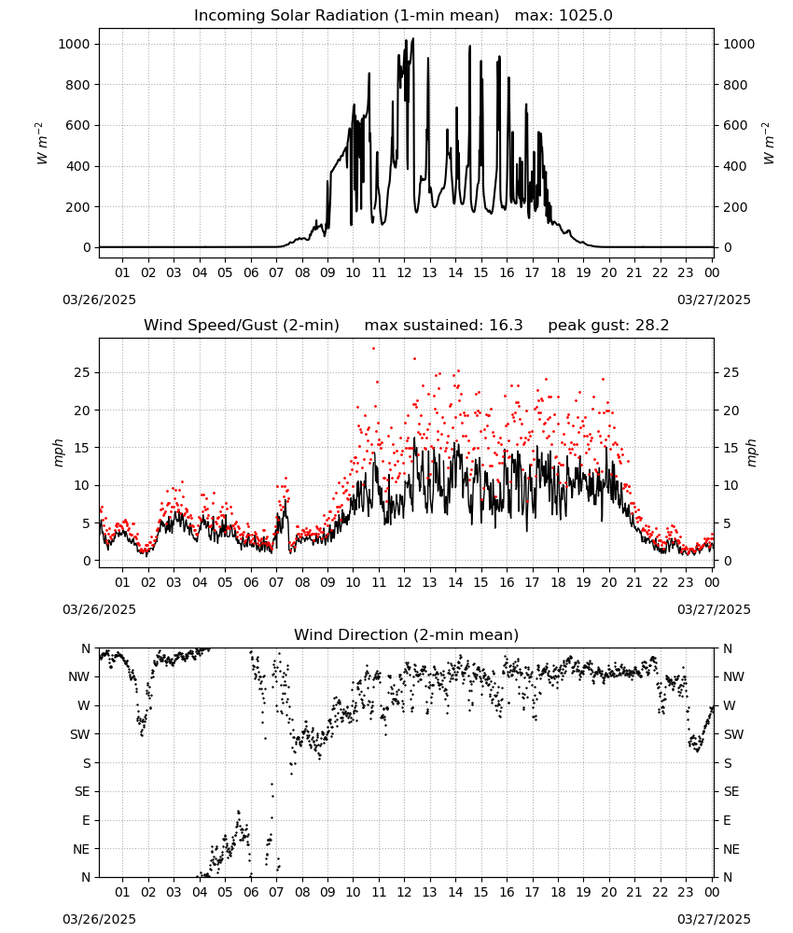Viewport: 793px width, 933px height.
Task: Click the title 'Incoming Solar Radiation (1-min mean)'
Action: [346, 16]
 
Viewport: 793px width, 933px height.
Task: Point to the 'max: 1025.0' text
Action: [563, 16]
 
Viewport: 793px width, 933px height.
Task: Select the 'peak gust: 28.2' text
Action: [608, 326]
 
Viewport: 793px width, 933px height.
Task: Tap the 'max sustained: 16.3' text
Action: [444, 326]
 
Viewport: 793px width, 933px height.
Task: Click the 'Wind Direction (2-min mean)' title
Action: [407, 634]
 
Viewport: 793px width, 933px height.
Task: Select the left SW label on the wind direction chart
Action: [80, 735]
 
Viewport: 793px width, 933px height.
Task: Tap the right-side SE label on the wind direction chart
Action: [731, 792]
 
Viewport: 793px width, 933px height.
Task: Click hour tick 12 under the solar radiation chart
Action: [404, 273]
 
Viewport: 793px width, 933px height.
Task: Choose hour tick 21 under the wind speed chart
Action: [634, 582]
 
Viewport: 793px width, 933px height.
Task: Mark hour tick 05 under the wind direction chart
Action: [225, 893]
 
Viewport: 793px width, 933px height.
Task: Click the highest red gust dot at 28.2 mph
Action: [373, 349]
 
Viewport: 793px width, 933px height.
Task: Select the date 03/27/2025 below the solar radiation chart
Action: [714, 299]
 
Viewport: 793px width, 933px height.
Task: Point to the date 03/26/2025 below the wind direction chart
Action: [99, 919]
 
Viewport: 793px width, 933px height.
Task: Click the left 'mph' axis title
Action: [58, 453]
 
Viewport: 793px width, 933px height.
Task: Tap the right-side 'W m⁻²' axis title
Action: [768, 144]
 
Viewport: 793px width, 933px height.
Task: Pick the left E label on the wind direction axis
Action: [86, 820]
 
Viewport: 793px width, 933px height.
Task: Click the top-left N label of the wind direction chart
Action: [86, 649]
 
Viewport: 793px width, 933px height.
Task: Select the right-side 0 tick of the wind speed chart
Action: [727, 561]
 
